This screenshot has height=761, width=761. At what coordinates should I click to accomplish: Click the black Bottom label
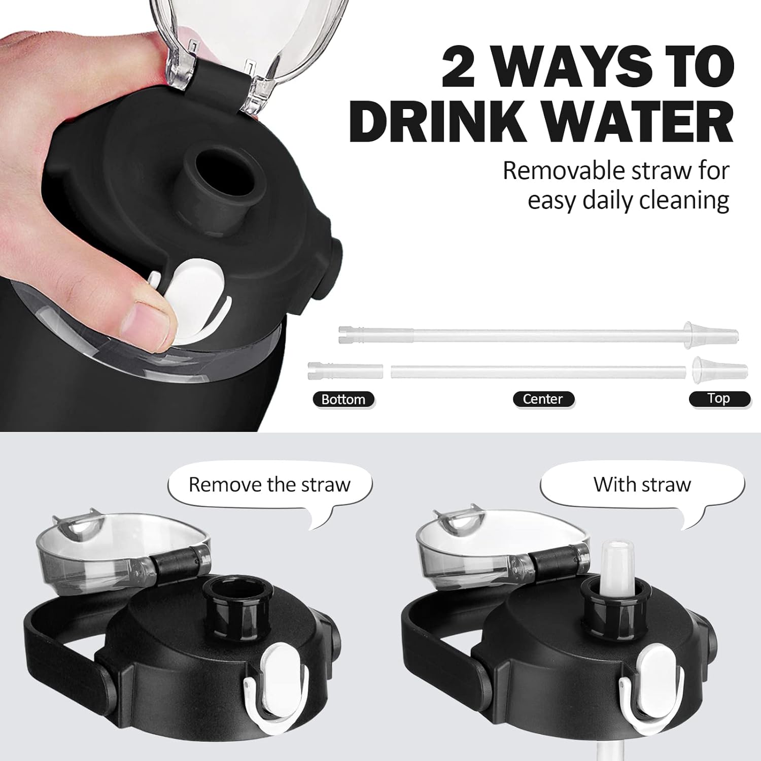click(x=343, y=399)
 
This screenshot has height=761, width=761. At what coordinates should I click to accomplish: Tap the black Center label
click(x=543, y=399)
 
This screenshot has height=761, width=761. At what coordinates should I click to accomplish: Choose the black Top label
click(x=719, y=398)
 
